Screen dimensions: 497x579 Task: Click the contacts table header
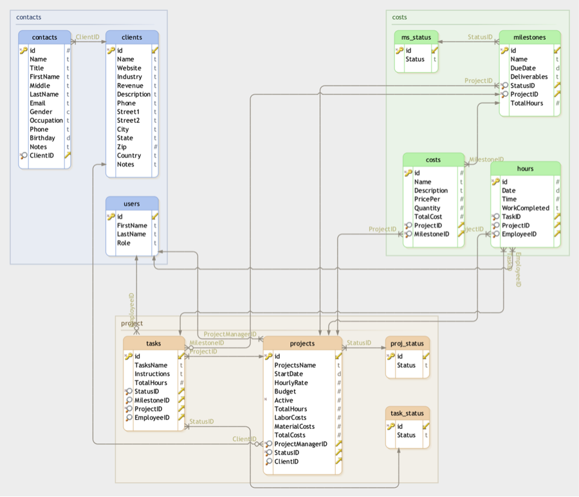pyautogui.click(x=44, y=37)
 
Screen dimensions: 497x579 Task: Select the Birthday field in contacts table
pyautogui.click(x=42, y=138)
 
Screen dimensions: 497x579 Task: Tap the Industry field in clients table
pyautogui.click(x=129, y=77)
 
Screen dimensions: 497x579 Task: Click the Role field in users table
pyautogui.click(x=124, y=243)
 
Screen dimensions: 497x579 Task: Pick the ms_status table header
pyautogui.click(x=416, y=37)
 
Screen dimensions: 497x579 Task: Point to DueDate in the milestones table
pyautogui.click(x=522, y=68)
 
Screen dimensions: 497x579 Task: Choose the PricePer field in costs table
pyautogui.click(x=427, y=199)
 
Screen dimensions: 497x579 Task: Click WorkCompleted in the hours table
pyautogui.click(x=525, y=208)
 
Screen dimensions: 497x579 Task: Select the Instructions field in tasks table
pyautogui.click(x=152, y=373)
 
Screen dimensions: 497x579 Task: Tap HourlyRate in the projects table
pyautogui.click(x=291, y=382)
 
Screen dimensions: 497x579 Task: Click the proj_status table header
pyautogui.click(x=407, y=343)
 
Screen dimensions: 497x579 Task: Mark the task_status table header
pyautogui.click(x=407, y=413)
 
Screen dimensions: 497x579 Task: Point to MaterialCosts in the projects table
pyautogui.click(x=294, y=426)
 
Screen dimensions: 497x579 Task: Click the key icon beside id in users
pyautogui.click(x=111, y=216)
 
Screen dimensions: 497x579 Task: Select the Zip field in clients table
pyautogui.click(x=122, y=147)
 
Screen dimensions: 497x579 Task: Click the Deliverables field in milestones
pyautogui.click(x=529, y=77)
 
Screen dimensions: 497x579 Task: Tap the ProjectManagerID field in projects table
pyautogui.click(x=300, y=444)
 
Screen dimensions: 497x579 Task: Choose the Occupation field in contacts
pyautogui.click(x=46, y=120)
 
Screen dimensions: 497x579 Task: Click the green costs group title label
pyautogui.click(x=399, y=17)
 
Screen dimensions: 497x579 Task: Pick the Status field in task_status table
pyautogui.click(x=406, y=435)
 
